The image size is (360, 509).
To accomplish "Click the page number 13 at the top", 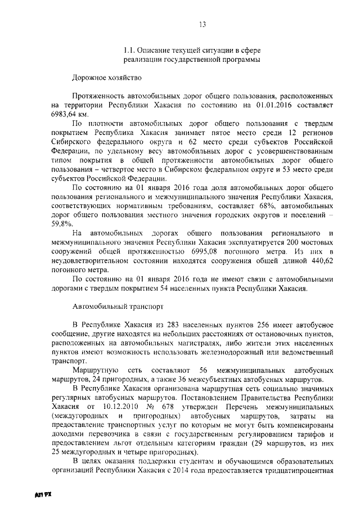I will click(202, 24).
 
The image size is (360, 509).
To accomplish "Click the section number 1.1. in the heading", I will click(131, 50).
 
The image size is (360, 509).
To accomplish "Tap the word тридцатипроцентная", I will click(295, 470).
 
